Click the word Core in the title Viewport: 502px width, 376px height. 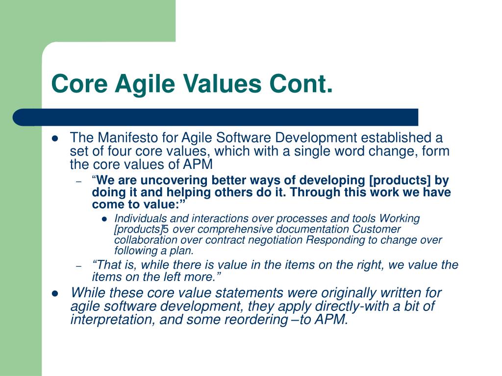click(79, 84)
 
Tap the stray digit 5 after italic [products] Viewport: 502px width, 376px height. click(166, 229)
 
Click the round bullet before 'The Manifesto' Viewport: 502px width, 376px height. click(55, 139)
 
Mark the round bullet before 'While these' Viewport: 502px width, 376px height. click(55, 294)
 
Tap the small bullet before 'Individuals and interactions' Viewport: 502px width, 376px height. click(104, 219)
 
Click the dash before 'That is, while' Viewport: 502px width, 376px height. click(79, 266)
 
